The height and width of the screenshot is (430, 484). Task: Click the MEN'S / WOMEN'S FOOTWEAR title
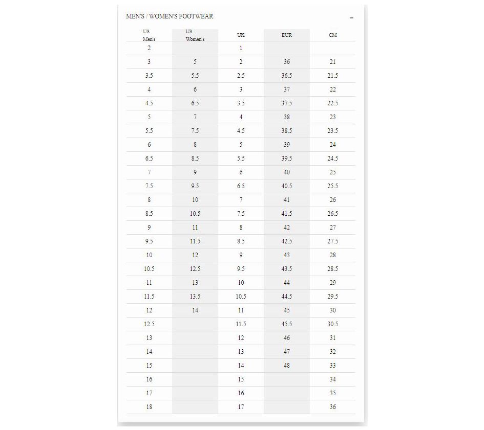[170, 16]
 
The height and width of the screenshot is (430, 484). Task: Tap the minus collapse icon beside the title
[351, 18]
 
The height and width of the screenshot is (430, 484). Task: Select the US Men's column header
[149, 35]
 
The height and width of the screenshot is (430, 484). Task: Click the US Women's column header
[195, 35]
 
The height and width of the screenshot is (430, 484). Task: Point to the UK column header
[241, 35]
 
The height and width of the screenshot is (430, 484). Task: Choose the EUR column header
[287, 35]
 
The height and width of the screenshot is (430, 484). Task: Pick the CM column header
[333, 35]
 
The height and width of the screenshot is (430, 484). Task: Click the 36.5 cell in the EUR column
[287, 76]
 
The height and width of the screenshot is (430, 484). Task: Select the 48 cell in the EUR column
[287, 366]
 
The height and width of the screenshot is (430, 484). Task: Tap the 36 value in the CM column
[333, 407]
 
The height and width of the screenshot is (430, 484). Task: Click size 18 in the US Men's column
[149, 407]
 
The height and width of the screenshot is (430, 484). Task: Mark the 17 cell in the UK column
[241, 407]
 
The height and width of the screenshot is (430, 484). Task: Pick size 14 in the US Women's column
[195, 310]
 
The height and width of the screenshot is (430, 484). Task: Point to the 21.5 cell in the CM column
[333, 76]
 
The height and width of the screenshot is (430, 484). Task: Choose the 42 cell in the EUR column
[287, 228]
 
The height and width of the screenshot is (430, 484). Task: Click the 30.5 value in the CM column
[333, 324]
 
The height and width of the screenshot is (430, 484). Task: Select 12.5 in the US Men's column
[149, 324]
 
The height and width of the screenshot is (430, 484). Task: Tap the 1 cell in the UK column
[241, 48]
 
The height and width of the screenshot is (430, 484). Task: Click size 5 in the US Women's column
[195, 62]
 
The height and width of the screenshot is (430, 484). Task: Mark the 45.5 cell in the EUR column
[287, 324]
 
